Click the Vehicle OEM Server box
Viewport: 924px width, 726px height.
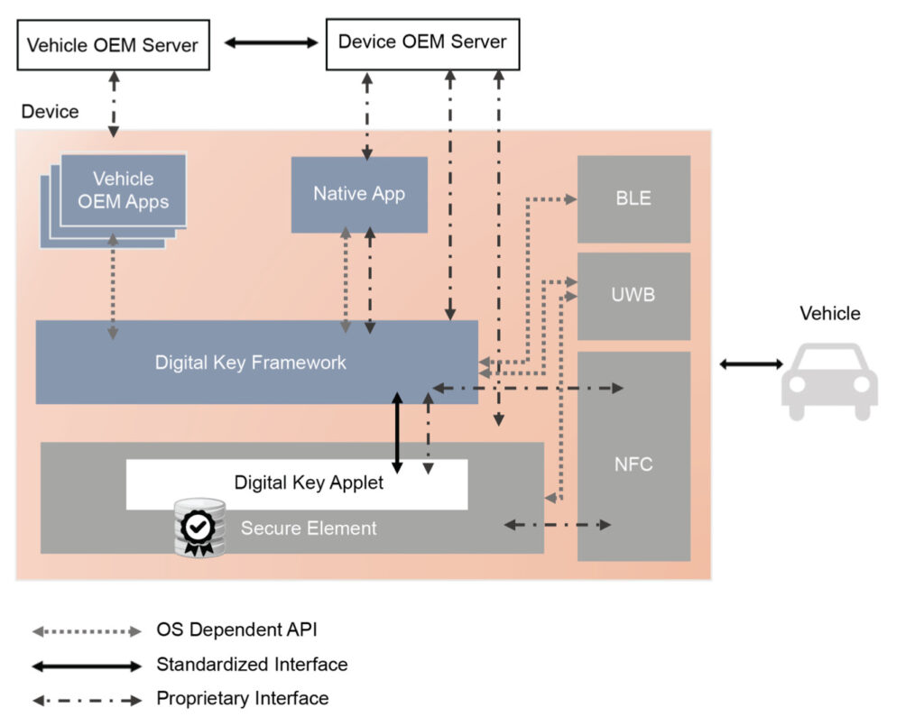tap(113, 45)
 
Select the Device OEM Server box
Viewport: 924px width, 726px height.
tap(422, 42)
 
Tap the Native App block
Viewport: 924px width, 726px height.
tap(359, 194)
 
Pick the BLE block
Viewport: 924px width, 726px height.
tap(633, 198)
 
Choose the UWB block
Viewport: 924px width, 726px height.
tap(633, 296)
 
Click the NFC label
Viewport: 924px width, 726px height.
tap(633, 465)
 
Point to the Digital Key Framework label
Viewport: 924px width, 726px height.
tap(251, 363)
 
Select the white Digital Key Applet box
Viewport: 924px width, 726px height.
tap(298, 483)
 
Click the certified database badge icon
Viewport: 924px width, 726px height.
tap(199, 528)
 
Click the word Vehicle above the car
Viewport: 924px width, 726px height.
tap(830, 314)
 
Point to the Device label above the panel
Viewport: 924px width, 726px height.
tap(50, 112)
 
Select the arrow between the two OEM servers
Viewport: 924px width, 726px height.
tap(271, 42)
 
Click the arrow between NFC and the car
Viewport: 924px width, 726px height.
tap(751, 363)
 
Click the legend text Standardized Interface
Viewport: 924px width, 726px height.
tap(252, 665)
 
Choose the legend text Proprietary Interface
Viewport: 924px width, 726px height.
tap(243, 698)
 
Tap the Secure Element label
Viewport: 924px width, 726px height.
tap(309, 528)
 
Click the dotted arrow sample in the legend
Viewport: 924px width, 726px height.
tap(87, 630)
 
